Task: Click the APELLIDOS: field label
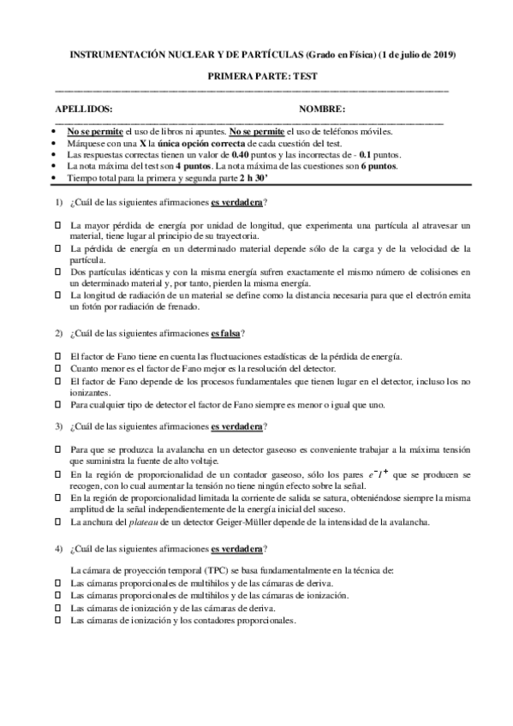pos(83,110)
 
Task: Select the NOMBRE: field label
pos(323,110)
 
